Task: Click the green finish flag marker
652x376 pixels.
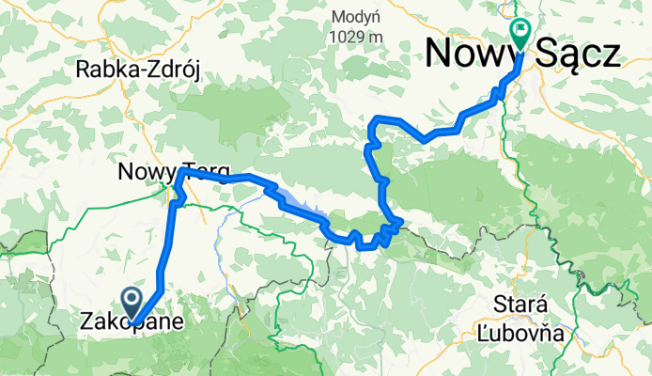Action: (x=521, y=32)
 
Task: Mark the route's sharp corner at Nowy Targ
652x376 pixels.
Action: (x=179, y=172)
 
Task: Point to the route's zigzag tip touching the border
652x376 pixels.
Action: (x=400, y=222)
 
